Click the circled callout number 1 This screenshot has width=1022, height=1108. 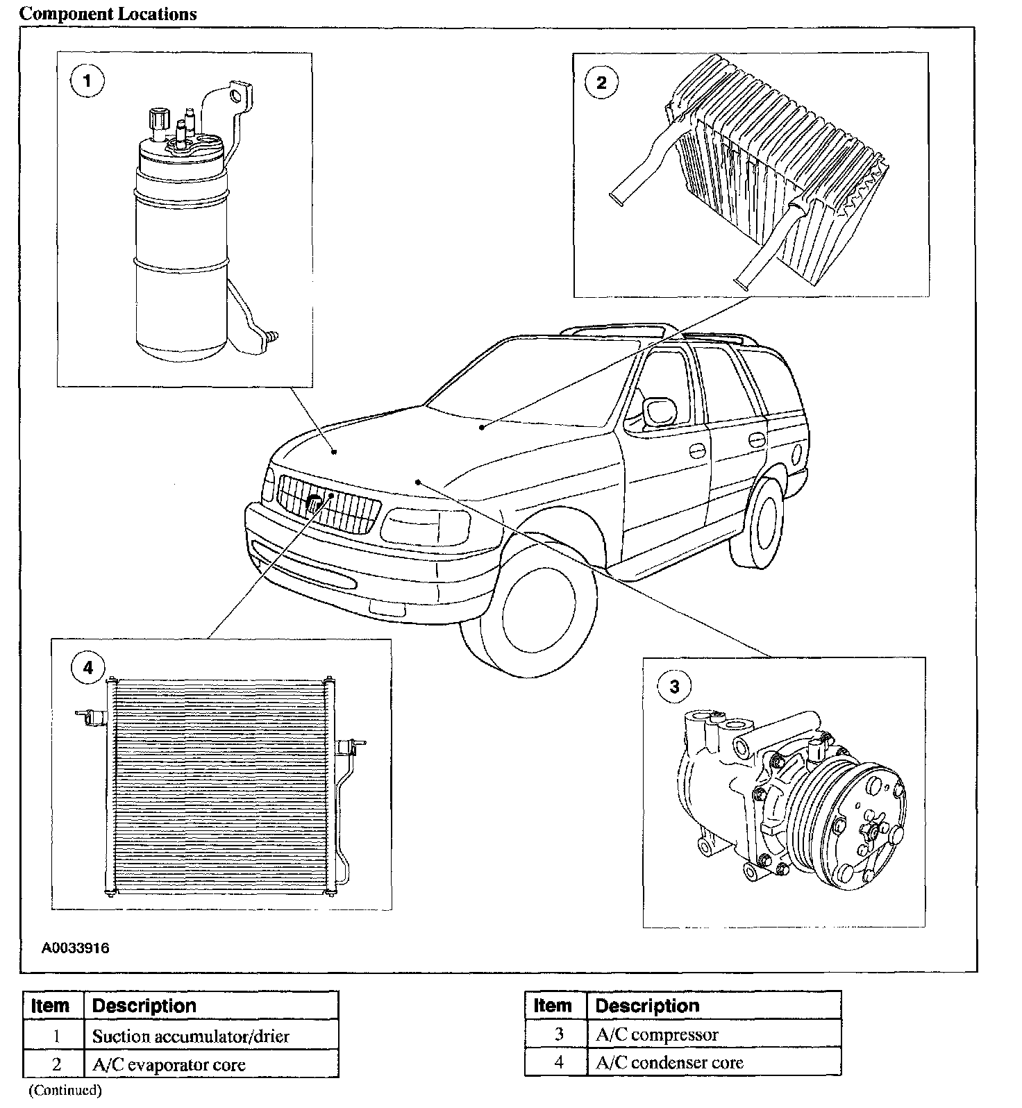[87, 82]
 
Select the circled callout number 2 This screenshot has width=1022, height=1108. [601, 83]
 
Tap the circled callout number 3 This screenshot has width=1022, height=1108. [674, 687]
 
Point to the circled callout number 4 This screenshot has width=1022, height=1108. [87, 668]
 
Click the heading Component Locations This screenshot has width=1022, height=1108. [108, 14]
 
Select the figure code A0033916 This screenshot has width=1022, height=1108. [75, 948]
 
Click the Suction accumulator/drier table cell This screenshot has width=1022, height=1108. [191, 1036]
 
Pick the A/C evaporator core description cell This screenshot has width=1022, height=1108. [169, 1065]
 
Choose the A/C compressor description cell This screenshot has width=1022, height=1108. [657, 1034]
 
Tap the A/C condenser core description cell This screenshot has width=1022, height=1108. [669, 1063]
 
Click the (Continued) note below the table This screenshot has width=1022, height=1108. [65, 1091]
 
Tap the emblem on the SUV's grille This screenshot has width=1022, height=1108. [315, 504]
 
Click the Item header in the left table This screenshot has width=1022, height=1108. [51, 1006]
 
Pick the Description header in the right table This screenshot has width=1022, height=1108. [647, 1006]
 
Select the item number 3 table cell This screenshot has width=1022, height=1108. [559, 1034]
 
